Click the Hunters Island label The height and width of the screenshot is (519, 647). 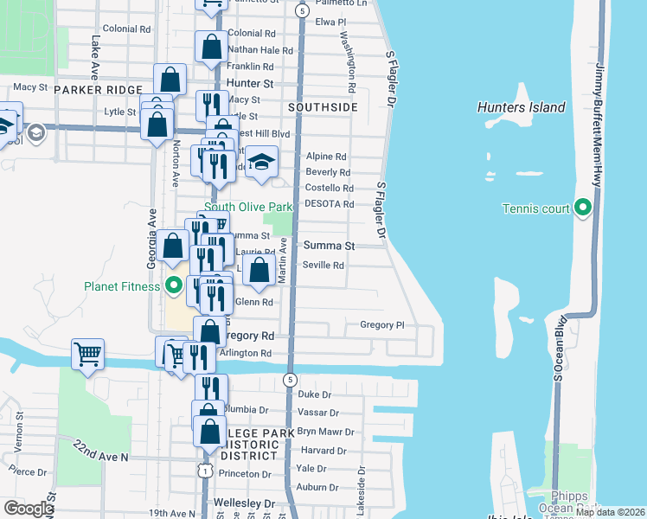[x=521, y=108]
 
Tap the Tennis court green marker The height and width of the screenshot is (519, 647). [x=582, y=208]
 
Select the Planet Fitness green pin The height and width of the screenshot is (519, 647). [x=173, y=285]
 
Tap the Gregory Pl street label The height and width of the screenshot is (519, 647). [x=381, y=325]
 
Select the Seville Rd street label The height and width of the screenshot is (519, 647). [x=323, y=265]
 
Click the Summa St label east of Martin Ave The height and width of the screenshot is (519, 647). [x=328, y=247]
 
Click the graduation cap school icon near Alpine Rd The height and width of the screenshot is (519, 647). [x=261, y=163]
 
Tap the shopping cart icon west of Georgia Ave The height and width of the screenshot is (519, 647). [x=88, y=353]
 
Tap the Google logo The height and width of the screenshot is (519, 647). [x=28, y=509]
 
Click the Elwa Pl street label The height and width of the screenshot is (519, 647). [x=330, y=22]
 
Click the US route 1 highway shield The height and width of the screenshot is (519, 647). [x=204, y=469]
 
